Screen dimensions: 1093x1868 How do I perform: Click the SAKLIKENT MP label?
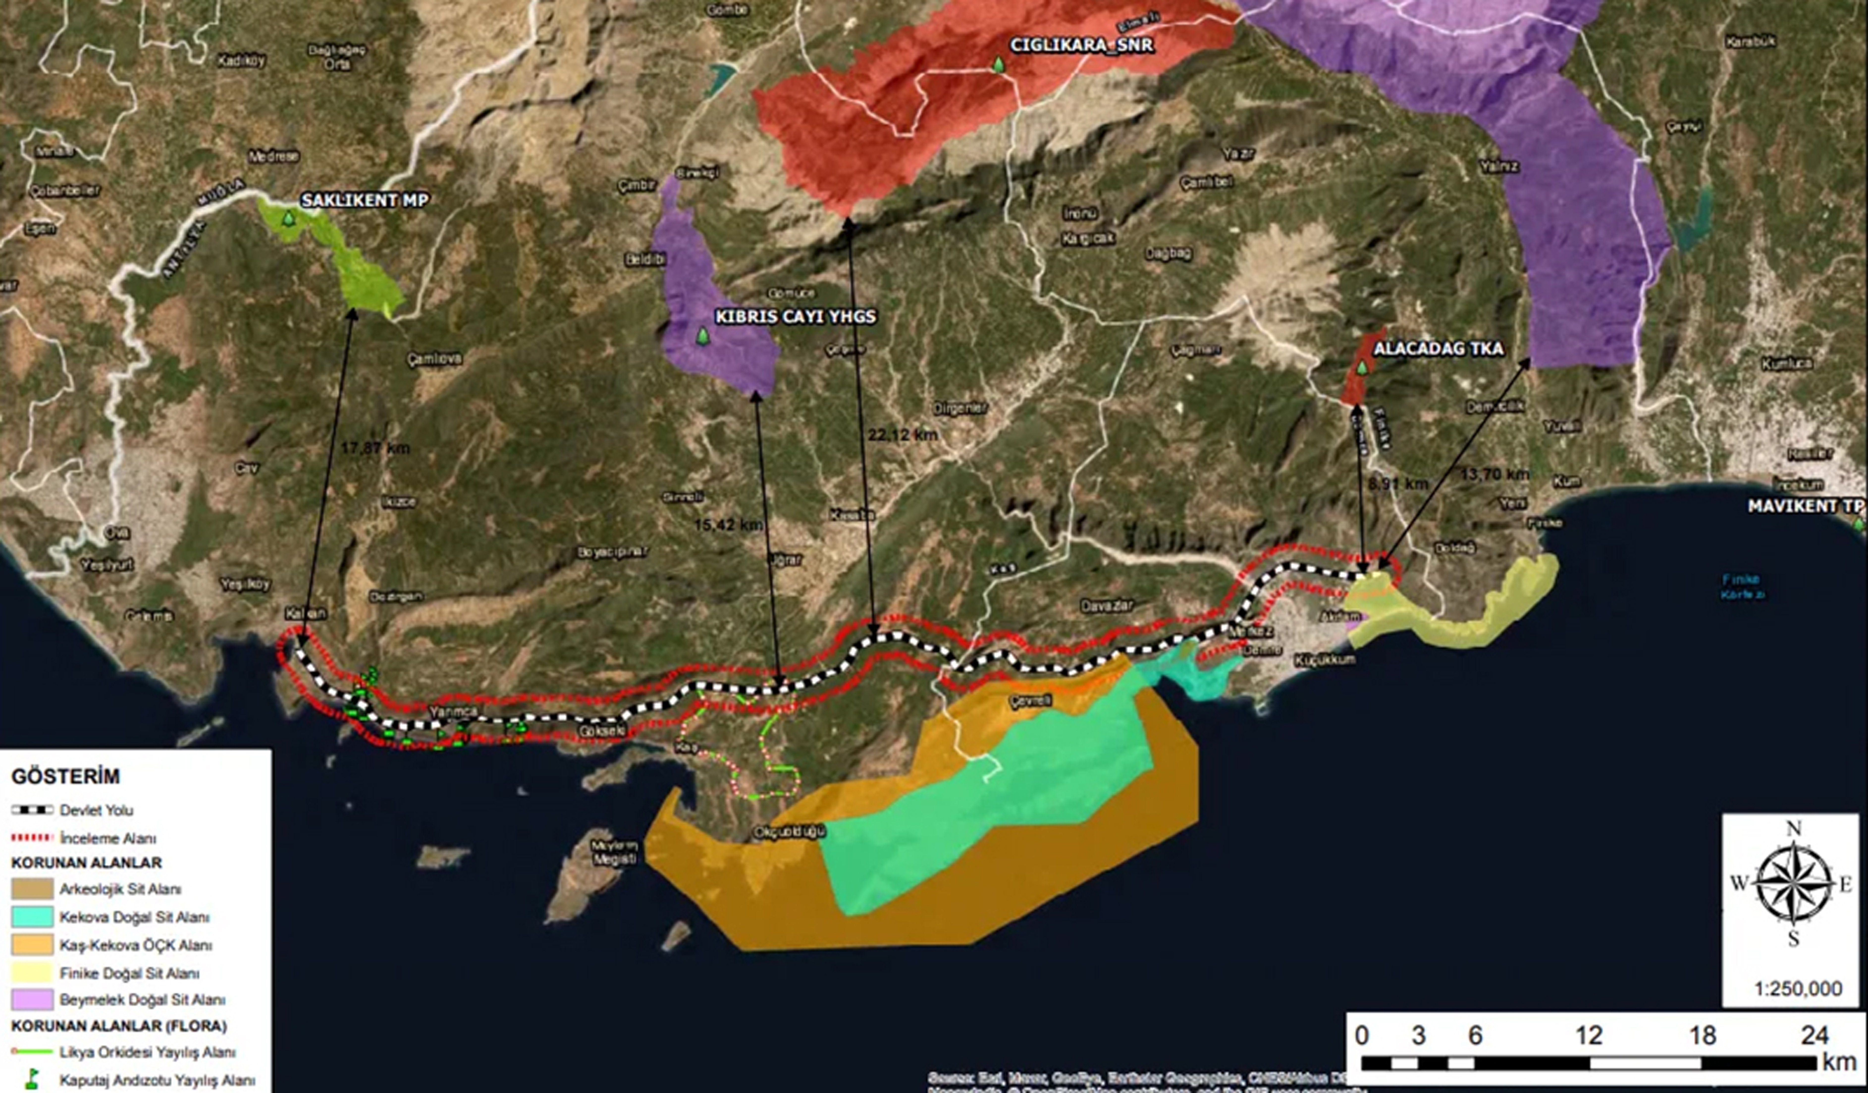(x=365, y=200)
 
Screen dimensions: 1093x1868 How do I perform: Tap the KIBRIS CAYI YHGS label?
(x=795, y=317)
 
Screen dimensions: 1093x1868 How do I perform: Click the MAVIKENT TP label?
(x=1805, y=506)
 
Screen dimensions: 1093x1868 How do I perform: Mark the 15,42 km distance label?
(x=728, y=525)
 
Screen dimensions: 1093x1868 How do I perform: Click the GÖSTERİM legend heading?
(x=65, y=776)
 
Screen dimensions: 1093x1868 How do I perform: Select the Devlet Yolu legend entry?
(x=96, y=810)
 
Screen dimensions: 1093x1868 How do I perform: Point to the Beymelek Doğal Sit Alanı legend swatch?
(x=32, y=1000)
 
